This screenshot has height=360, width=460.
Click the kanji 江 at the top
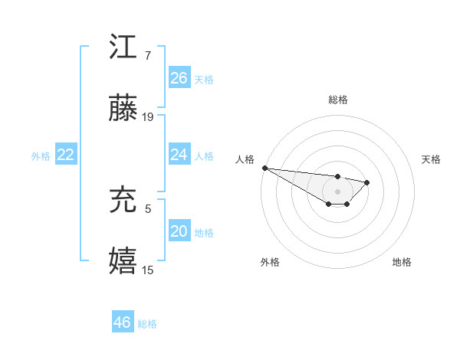123,48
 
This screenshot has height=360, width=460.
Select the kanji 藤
123,110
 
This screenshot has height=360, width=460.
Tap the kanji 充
123,201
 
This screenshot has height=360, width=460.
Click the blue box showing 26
179,78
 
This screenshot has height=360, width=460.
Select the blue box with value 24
179,155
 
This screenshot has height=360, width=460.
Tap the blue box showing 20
179,231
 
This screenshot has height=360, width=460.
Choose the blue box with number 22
66,155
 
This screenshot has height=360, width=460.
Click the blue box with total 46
123,322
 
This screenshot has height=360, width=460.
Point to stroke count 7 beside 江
147,56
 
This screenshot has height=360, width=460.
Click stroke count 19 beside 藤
149,117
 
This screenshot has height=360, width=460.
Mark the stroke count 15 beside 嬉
149,270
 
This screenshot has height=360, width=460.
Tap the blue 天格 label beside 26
204,79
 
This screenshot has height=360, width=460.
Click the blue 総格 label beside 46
147,324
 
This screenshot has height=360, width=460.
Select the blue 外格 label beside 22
41,155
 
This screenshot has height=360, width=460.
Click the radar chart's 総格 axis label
338,100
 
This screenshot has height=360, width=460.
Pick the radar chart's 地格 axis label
402,262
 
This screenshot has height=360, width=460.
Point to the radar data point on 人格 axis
264,168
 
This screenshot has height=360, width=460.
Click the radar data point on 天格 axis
367,182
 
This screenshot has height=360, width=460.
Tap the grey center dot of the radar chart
338,191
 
